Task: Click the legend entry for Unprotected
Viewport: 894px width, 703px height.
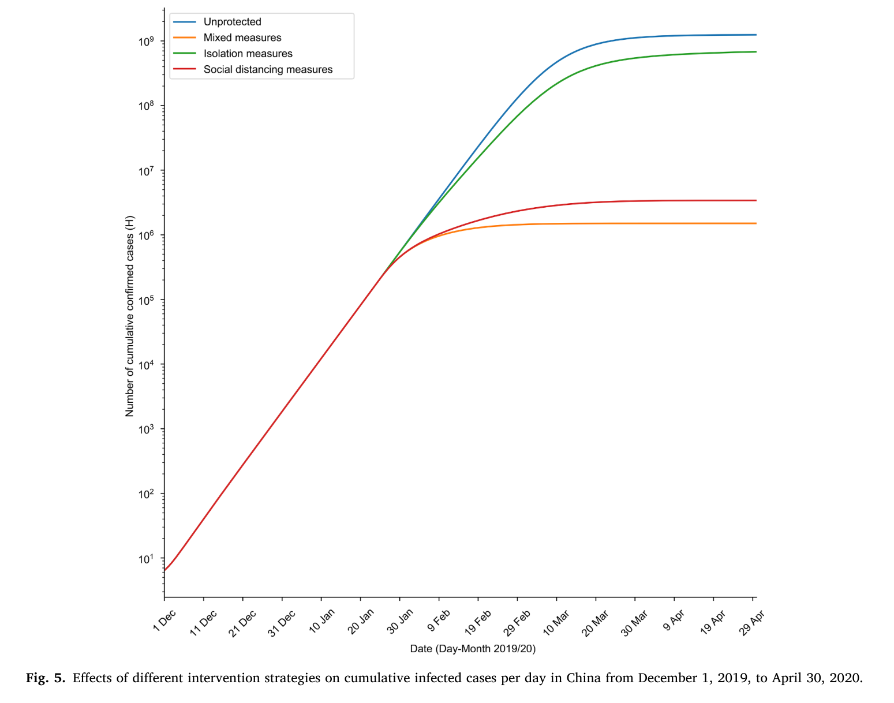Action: tap(232, 22)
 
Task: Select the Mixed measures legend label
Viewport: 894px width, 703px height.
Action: tap(242, 38)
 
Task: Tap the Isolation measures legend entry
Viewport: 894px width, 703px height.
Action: tap(248, 54)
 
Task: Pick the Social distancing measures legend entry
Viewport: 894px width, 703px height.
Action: tap(268, 69)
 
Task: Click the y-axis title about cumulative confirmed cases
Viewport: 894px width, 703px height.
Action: tap(130, 316)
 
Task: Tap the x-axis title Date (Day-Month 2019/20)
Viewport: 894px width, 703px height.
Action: tap(473, 649)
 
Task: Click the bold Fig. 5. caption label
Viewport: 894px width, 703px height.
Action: tap(46, 678)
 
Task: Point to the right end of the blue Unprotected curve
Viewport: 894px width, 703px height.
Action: tap(755, 35)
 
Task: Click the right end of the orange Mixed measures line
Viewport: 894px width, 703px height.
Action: tap(755, 223)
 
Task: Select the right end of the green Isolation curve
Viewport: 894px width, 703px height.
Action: tap(755, 52)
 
